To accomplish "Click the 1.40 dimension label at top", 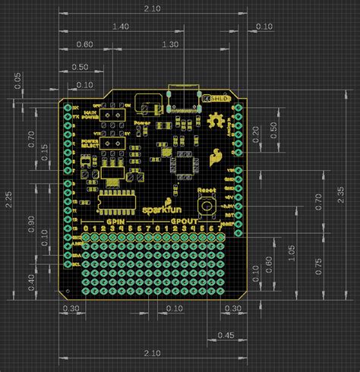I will [119, 27].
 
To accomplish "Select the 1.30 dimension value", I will [170, 45].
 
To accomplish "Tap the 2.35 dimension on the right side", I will [351, 198].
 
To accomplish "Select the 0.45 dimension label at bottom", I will [226, 335].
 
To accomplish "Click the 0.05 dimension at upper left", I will [17, 79].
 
